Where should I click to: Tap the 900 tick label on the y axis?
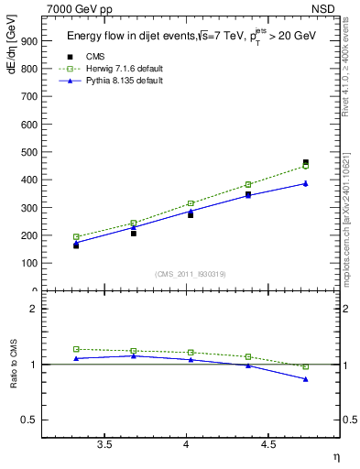tap(28, 41)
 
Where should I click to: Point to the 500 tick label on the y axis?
tap(28, 152)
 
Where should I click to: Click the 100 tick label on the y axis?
tap(28, 263)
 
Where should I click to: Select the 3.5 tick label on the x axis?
tap(105, 444)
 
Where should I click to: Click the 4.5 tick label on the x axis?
tap(268, 444)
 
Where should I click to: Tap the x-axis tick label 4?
tap(187, 444)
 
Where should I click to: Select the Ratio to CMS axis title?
tap(13, 365)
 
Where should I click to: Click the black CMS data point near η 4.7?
tap(306, 162)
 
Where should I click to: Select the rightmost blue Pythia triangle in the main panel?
tap(306, 183)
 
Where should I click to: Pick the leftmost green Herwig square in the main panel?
tap(76, 236)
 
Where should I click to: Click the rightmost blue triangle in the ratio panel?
tap(306, 379)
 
